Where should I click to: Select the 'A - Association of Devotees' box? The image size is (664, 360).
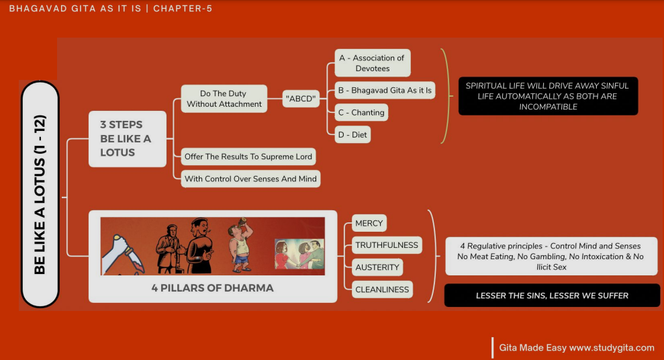click(x=372, y=63)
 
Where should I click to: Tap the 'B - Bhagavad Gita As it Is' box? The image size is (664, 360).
click(x=385, y=90)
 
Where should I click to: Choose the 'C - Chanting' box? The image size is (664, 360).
click(x=361, y=112)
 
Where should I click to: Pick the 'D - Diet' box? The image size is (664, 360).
click(x=353, y=135)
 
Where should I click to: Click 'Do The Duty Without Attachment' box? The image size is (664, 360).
click(x=224, y=99)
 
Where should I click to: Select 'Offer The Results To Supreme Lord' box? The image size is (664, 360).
click(x=248, y=156)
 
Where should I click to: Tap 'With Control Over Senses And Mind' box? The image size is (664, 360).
click(x=250, y=179)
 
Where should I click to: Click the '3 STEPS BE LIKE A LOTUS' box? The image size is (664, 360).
click(x=128, y=138)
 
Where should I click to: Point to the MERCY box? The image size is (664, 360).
click(x=369, y=223)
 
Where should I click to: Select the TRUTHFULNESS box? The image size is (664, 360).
click(x=386, y=245)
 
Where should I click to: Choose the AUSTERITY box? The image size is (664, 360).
click(x=377, y=267)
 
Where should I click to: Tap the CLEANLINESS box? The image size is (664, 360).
click(x=381, y=289)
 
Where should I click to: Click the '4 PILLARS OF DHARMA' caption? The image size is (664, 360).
click(x=212, y=288)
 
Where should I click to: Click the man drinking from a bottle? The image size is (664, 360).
click(x=240, y=244)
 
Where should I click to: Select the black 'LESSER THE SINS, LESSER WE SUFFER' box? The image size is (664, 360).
click(x=552, y=296)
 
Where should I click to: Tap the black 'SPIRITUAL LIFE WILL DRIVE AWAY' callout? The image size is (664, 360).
click(x=548, y=96)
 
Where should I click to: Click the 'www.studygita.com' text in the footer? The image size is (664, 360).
click(x=611, y=348)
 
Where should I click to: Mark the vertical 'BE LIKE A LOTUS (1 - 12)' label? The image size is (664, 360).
click(x=40, y=195)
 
